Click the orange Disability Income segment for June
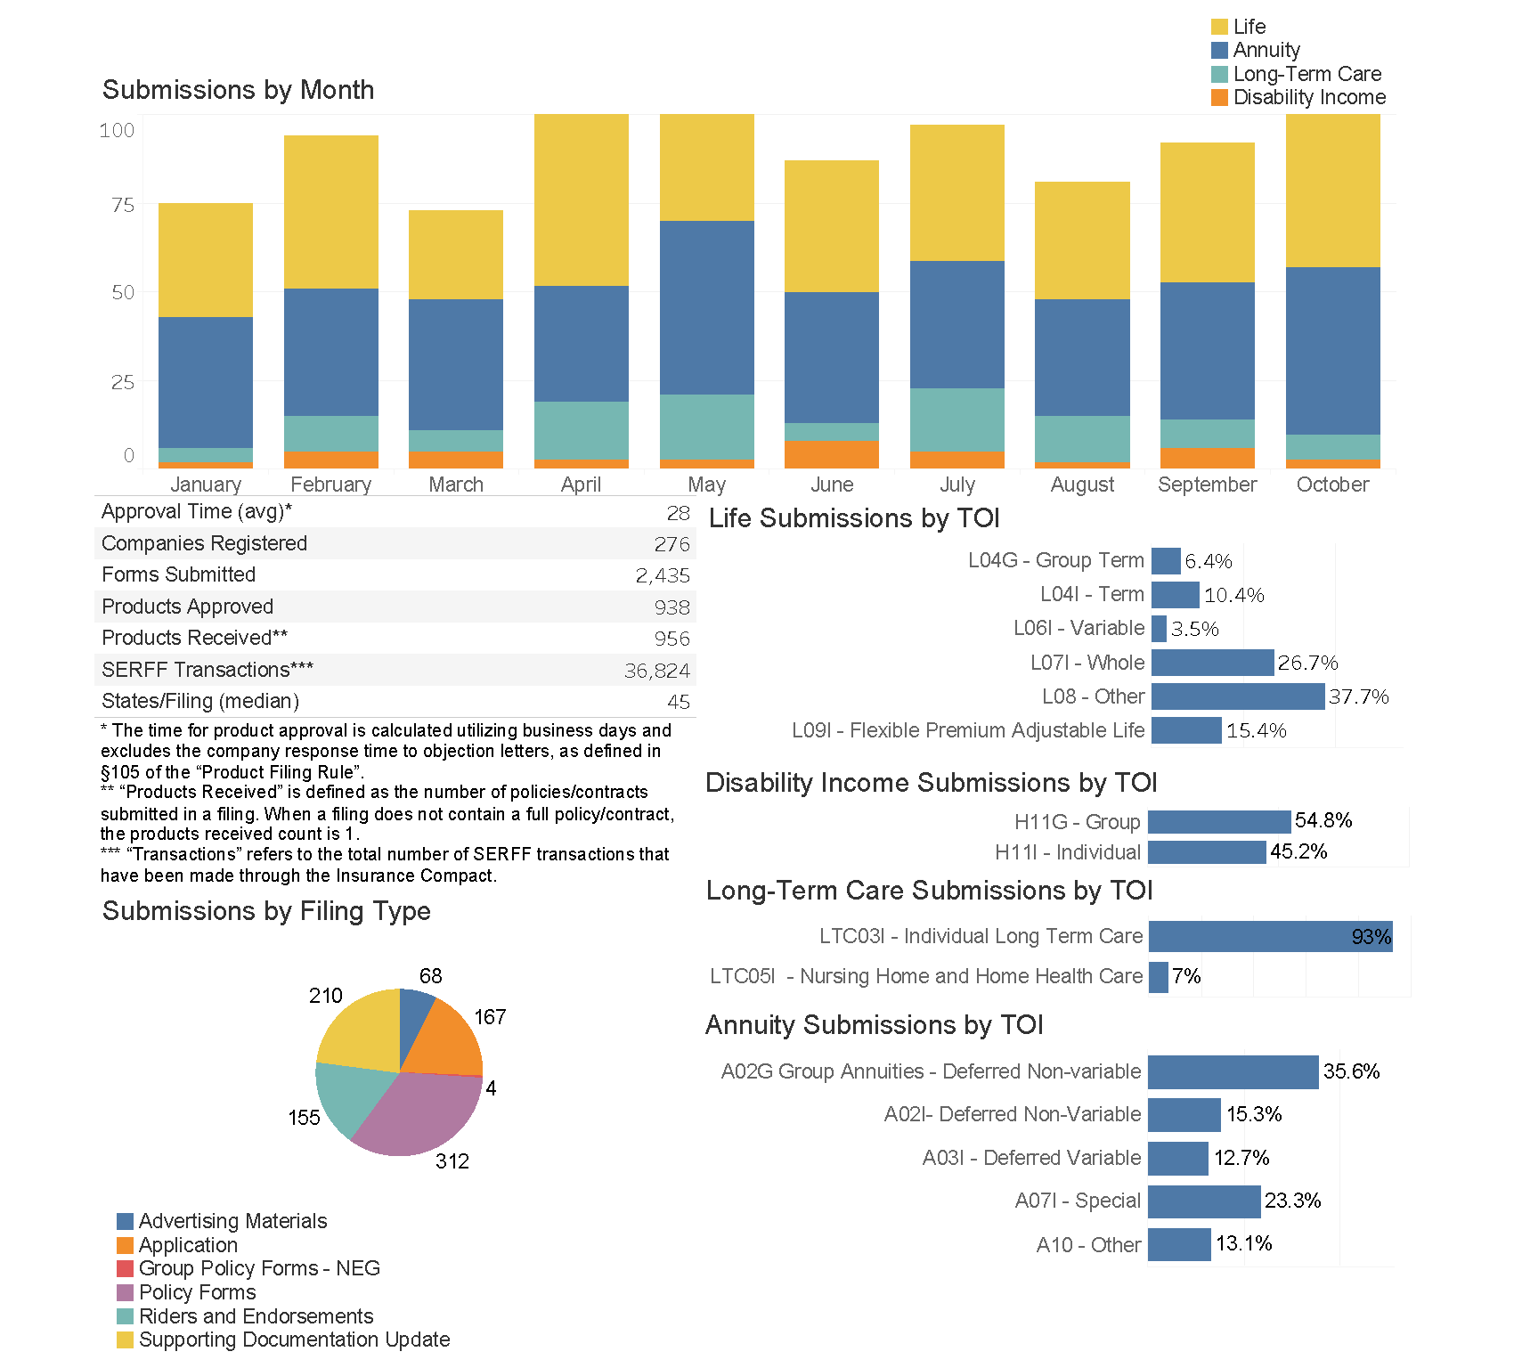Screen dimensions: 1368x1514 pyautogui.click(x=831, y=454)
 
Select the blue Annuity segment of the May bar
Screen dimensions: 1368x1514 pyautogui.click(x=706, y=307)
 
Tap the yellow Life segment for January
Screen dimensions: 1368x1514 pyautogui.click(x=205, y=260)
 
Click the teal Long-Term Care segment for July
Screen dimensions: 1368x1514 pyautogui.click(x=956, y=419)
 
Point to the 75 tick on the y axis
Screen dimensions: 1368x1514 pyautogui.click(x=123, y=206)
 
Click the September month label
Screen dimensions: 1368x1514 pyautogui.click(x=1207, y=484)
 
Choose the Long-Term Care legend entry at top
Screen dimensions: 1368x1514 pyautogui.click(x=1306, y=74)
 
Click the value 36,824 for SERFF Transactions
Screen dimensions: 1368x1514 pyautogui.click(x=657, y=671)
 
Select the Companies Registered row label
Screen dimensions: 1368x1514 pyautogui.click(x=204, y=543)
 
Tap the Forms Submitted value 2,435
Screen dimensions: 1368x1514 pyautogui.click(x=663, y=575)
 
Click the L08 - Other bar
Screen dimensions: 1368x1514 pyautogui.click(x=1237, y=696)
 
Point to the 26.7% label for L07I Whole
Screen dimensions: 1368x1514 pyautogui.click(x=1307, y=663)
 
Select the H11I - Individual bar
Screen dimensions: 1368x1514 pyautogui.click(x=1207, y=852)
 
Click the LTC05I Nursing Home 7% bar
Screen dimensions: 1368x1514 pyautogui.click(x=1158, y=976)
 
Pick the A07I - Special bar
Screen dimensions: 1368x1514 pyautogui.click(x=1204, y=1201)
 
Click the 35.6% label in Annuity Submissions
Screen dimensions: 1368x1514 pyautogui.click(x=1351, y=1071)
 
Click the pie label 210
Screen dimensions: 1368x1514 pyautogui.click(x=326, y=996)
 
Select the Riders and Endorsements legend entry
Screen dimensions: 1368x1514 pyautogui.click(x=256, y=1316)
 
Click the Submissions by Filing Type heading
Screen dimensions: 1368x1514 pyautogui.click(x=266, y=911)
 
